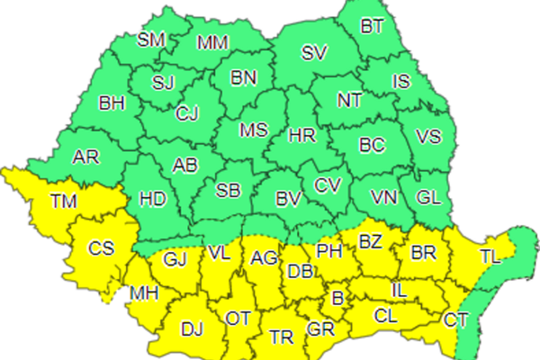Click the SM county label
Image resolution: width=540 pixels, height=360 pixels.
point(151,40)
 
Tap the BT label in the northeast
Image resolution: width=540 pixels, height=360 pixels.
point(372,27)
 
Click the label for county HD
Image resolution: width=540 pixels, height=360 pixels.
point(154,200)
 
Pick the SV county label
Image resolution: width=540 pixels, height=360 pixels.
point(313,53)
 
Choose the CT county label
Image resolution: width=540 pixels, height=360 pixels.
point(456,319)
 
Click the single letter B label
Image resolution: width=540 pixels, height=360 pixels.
point(338,298)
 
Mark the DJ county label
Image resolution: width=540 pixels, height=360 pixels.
point(192,329)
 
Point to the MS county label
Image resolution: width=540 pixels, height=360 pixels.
point(254,130)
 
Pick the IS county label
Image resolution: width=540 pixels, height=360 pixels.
point(401,82)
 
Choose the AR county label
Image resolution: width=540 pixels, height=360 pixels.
point(86,157)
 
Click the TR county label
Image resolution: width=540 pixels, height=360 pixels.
point(282,337)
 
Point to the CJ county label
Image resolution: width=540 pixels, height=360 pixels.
point(187,113)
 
